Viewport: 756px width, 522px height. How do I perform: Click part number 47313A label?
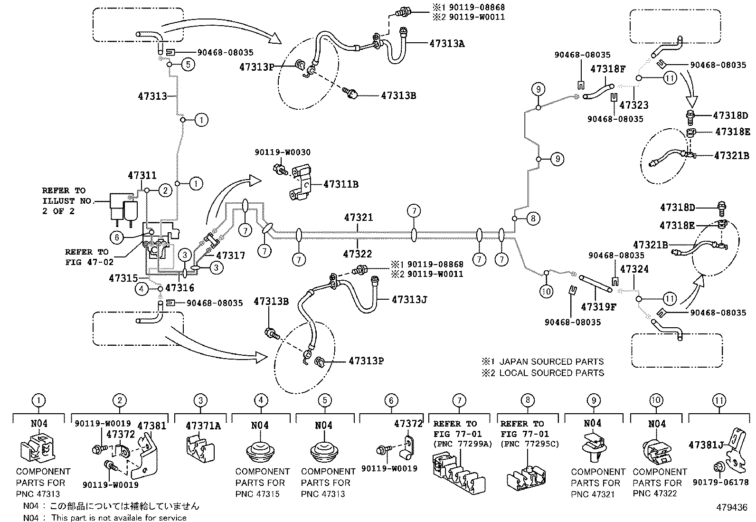click(446, 43)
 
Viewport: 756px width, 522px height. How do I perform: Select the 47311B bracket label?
click(340, 184)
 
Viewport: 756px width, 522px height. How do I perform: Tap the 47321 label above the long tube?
click(359, 218)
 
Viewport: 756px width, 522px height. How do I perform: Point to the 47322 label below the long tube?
click(358, 254)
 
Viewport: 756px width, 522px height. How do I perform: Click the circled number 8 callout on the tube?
click(533, 218)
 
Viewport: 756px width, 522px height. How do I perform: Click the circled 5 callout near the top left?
click(188, 64)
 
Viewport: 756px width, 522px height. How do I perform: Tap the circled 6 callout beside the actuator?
click(117, 237)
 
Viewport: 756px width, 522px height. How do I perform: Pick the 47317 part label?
click(229, 256)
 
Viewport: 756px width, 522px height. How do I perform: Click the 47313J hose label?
click(409, 300)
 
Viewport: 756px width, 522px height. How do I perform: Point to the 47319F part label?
click(598, 307)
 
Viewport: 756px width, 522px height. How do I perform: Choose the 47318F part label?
click(608, 69)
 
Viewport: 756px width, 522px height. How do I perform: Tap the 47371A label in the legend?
click(203, 426)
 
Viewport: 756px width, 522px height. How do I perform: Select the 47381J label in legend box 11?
click(706, 445)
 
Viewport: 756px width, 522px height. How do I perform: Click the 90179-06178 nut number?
click(720, 482)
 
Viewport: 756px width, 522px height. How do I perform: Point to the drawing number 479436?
click(732, 507)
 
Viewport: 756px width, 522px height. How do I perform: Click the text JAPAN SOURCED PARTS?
click(551, 361)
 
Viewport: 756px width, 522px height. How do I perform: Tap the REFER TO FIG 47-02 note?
click(87, 257)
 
